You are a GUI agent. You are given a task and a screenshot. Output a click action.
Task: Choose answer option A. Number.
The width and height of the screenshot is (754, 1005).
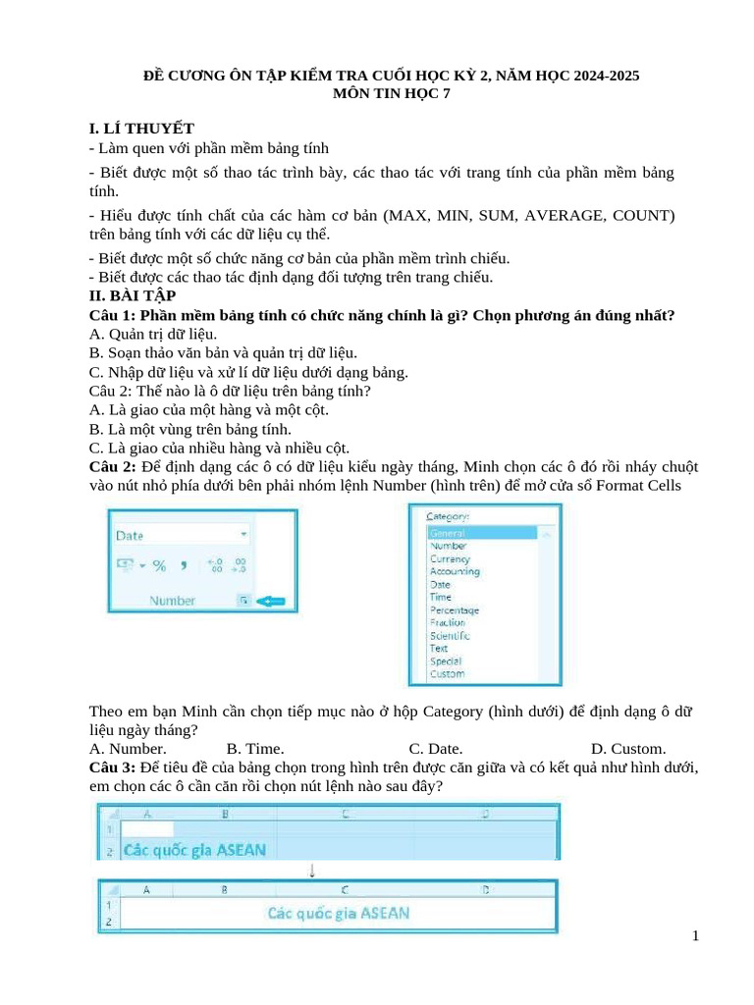click(x=127, y=748)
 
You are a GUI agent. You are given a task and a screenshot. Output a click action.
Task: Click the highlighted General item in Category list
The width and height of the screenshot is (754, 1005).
click(x=447, y=533)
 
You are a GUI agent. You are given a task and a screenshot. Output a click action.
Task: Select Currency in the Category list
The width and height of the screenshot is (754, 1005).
click(x=450, y=558)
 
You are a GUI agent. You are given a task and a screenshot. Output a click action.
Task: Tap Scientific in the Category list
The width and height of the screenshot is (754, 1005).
click(x=450, y=635)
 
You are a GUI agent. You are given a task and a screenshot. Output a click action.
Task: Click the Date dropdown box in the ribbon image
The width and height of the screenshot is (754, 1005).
click(x=181, y=536)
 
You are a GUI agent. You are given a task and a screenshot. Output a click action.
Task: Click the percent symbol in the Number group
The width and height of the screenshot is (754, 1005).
click(x=159, y=565)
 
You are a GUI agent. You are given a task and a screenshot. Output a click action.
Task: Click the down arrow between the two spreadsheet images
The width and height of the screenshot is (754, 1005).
click(x=311, y=871)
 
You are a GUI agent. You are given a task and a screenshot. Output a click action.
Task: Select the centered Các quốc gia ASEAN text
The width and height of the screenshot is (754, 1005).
click(x=339, y=913)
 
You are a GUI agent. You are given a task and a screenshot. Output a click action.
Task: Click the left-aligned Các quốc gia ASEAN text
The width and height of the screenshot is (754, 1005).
click(x=194, y=850)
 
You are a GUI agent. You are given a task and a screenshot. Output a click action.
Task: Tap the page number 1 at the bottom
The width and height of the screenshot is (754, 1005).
click(x=695, y=936)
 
